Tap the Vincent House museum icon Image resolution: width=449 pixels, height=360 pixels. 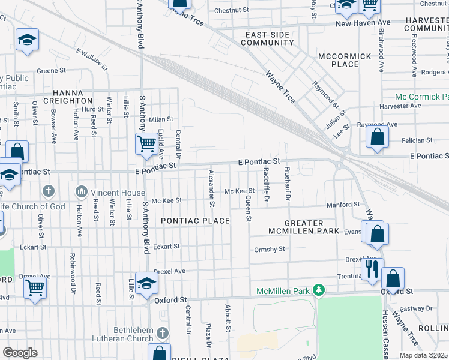click(81, 192)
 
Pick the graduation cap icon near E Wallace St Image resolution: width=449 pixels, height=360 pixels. click(27, 40)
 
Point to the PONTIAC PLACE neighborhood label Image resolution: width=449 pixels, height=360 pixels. click(196, 221)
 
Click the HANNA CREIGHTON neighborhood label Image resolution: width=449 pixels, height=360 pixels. click(73, 97)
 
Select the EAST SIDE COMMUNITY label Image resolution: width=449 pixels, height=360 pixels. click(268, 39)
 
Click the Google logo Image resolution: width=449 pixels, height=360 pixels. click(20, 352)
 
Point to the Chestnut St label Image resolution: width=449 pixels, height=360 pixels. click(231, 10)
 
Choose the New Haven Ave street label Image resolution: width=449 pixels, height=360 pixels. click(363, 23)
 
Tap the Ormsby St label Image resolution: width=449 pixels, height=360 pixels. click(269, 249)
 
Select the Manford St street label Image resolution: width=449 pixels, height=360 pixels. click(343, 205)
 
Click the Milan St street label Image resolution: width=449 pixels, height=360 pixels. click(161, 119)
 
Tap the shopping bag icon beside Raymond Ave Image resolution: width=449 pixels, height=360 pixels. click(376, 137)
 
